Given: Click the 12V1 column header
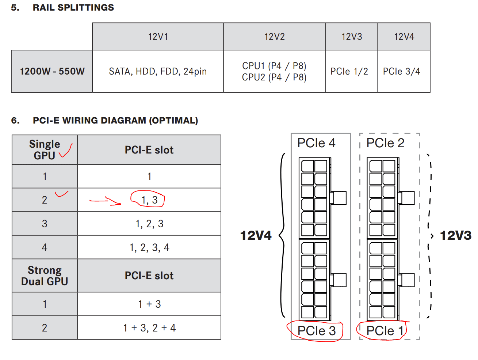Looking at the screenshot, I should click(158, 37).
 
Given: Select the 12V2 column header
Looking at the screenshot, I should click(274, 37).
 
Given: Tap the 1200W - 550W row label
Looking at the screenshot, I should click(52, 71).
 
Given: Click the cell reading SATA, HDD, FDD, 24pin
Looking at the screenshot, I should click(158, 71).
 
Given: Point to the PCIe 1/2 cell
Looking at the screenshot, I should click(349, 71).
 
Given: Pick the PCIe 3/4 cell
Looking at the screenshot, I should click(401, 71).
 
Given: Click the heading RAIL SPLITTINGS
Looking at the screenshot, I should click(73, 8).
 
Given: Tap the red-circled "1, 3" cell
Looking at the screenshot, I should click(149, 200).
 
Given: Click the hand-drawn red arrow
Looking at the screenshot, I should click(105, 201).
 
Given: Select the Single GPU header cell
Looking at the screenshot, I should click(45, 149).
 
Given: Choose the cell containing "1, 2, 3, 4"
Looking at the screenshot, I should click(149, 247).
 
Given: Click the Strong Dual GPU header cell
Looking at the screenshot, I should click(45, 276).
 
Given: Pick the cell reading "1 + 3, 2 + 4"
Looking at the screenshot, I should click(149, 328).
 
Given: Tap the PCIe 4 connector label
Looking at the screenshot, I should click(316, 143).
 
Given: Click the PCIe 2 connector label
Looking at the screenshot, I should click(385, 143).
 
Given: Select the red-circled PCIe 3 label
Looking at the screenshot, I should click(316, 331).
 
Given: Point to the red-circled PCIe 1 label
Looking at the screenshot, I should click(384, 331).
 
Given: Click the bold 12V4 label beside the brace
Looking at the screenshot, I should click(256, 235).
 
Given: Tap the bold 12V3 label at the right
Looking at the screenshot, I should click(455, 235).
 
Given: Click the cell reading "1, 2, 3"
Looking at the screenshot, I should click(149, 224).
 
